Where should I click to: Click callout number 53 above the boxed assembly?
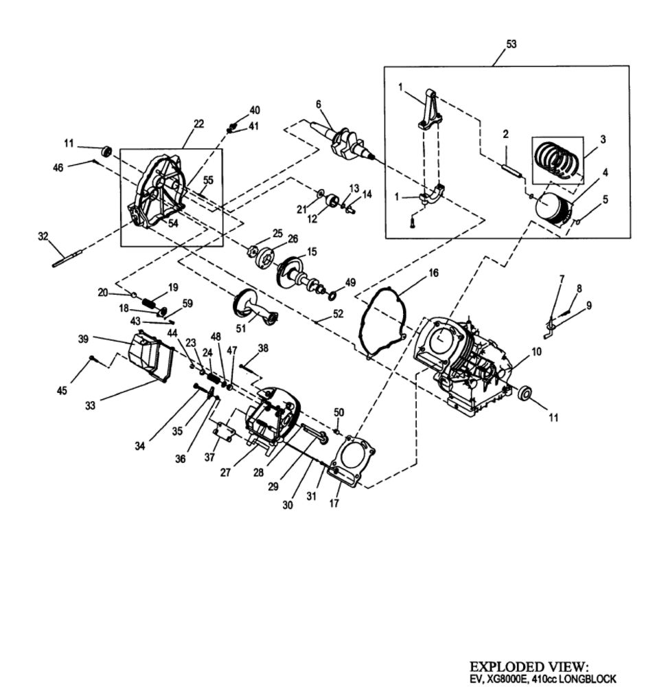tap(511, 44)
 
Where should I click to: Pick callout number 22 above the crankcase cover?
tap(199, 124)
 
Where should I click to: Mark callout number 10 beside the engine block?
tap(536, 351)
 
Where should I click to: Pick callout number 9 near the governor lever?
tap(589, 304)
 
